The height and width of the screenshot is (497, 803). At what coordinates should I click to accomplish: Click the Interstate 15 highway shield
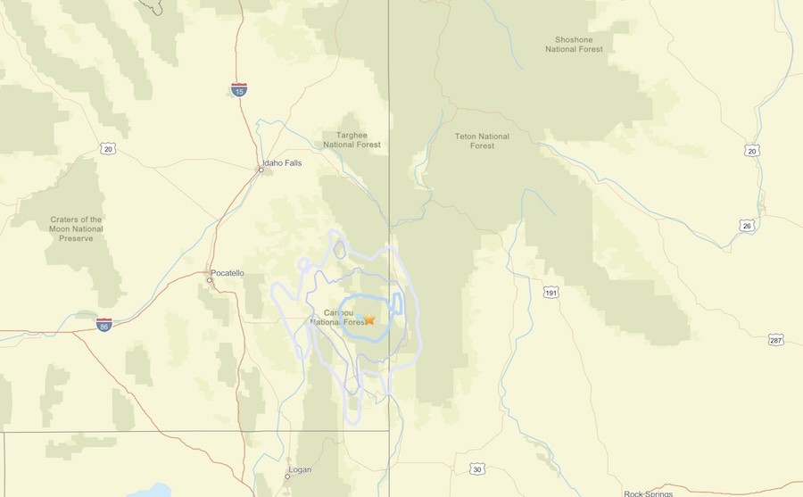coord(239,89)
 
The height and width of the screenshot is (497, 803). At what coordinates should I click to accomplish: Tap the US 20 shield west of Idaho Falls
coord(107,147)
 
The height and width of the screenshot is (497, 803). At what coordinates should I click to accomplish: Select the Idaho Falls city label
coord(281,164)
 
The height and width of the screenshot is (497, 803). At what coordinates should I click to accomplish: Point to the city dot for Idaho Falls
coord(261,170)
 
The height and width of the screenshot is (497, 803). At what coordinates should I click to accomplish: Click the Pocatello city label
coord(227,273)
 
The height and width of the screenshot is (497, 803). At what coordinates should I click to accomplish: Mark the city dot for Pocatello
coord(210,280)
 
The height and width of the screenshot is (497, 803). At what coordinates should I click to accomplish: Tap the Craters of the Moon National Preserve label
coord(76,229)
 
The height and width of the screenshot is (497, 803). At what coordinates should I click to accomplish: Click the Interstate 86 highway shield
coord(104,325)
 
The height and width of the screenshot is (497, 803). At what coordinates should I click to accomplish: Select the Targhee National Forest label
coord(352,139)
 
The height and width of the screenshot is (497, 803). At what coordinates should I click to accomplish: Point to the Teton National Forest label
coord(482,141)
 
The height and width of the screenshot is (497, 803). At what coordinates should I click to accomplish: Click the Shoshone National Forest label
coord(574,45)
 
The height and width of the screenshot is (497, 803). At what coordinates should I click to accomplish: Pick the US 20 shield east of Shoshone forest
coord(752,152)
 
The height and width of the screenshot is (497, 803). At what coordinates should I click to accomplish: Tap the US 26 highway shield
coord(748,226)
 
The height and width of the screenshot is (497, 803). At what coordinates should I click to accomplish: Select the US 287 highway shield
coord(775,340)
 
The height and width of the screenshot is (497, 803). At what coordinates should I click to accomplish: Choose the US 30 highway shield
coord(477,469)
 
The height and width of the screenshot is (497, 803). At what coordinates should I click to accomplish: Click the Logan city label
coord(300,469)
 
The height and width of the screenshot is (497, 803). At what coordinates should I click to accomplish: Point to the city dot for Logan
coord(286,476)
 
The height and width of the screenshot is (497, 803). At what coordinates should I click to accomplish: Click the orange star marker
coord(369,319)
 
